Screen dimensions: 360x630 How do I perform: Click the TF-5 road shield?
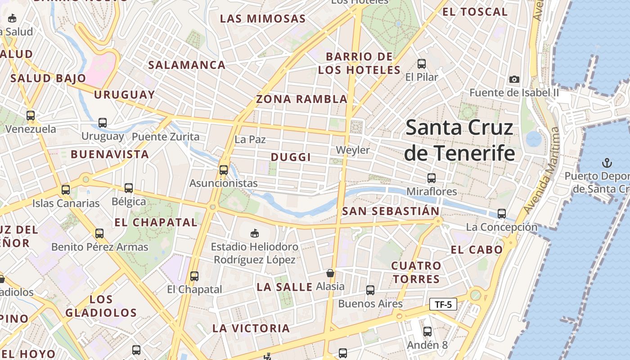pyautogui.click(x=443, y=305)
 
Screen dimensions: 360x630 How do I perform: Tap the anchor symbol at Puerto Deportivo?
pyautogui.click(x=607, y=162)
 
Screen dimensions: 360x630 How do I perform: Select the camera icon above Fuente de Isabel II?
pyautogui.click(x=514, y=80)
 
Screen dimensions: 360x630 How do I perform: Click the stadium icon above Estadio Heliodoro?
pyautogui.click(x=255, y=233)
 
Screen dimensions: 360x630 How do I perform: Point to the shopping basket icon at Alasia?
pyautogui.click(x=330, y=273)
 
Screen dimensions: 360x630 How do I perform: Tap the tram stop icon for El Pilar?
pyautogui.click(x=422, y=64)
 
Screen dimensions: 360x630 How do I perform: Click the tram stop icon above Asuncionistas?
pyautogui.click(x=223, y=170)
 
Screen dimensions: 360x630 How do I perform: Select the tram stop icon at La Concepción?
pyautogui.click(x=502, y=214)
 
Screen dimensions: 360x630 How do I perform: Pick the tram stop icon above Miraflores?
pyautogui.click(x=432, y=178)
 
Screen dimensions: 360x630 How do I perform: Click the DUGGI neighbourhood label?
pyautogui.click(x=291, y=157)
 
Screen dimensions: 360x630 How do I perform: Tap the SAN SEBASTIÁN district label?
pyautogui.click(x=391, y=211)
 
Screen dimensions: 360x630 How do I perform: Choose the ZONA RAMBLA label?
pyautogui.click(x=301, y=99)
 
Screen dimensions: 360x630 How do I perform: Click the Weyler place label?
pyautogui.click(x=353, y=150)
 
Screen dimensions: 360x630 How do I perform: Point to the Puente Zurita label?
pyautogui.click(x=165, y=136)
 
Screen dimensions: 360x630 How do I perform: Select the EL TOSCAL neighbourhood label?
pyautogui.click(x=475, y=12)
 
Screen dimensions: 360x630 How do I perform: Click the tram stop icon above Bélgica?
pyautogui.click(x=129, y=188)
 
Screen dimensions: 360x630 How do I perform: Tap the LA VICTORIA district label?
pyautogui.click(x=251, y=328)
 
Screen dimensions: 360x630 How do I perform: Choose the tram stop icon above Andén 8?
pyautogui.click(x=427, y=332)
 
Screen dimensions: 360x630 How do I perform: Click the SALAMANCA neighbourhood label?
pyautogui.click(x=187, y=65)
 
